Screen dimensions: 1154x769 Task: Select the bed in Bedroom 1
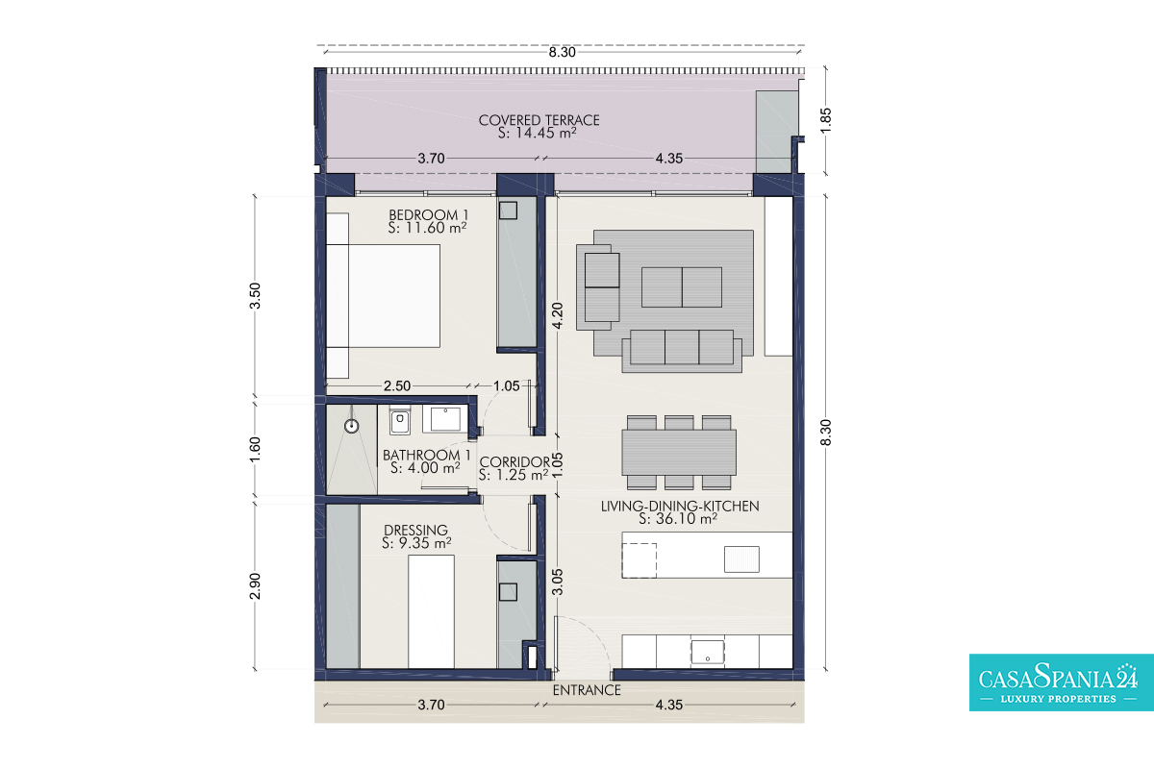pyautogui.click(x=384, y=296)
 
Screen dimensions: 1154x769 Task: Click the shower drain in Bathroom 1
pyautogui.click(x=352, y=427)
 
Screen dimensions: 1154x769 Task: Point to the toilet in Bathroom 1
pyautogui.click(x=400, y=421)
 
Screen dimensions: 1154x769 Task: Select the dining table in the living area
pyautogui.click(x=679, y=452)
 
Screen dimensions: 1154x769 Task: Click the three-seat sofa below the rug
pyautogui.click(x=682, y=351)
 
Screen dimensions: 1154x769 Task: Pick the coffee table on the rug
pyautogui.click(x=682, y=286)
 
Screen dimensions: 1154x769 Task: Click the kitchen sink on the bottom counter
pyautogui.click(x=708, y=652)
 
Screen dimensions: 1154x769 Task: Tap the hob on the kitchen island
pyautogui.click(x=639, y=560)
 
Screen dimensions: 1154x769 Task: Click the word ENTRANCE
pyautogui.click(x=587, y=690)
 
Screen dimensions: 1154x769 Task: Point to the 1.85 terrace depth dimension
pyautogui.click(x=825, y=120)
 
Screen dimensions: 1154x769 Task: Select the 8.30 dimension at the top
pyautogui.click(x=562, y=52)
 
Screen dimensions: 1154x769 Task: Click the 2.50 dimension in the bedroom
pyautogui.click(x=397, y=385)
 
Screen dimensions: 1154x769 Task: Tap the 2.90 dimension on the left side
pyautogui.click(x=255, y=586)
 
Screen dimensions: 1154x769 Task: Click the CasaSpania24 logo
pyautogui.click(x=1062, y=682)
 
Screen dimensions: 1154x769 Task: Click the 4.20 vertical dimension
pyautogui.click(x=558, y=315)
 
